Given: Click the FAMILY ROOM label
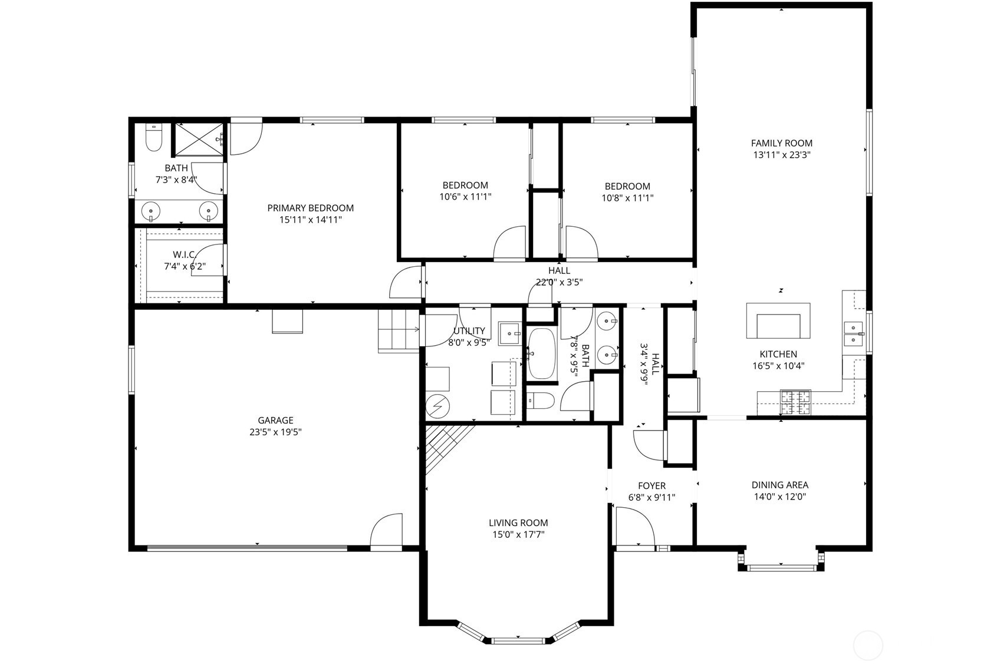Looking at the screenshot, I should coord(781,143).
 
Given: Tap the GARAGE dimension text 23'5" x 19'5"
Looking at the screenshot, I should coord(275,432).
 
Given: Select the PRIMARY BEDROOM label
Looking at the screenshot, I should coord(310,208).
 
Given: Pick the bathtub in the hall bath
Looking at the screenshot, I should coord(541,353).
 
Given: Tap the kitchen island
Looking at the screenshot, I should coord(778,321).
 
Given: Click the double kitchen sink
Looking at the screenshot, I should coord(853,333).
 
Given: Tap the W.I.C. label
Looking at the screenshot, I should coord(184,254).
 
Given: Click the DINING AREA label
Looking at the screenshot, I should coord(779,485).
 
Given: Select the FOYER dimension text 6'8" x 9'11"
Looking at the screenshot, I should coord(651,497).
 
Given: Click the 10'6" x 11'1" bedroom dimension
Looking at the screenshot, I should coord(465,197).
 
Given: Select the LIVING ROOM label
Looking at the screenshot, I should coord(518,523).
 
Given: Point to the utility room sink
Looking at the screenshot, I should coord(509,334).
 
